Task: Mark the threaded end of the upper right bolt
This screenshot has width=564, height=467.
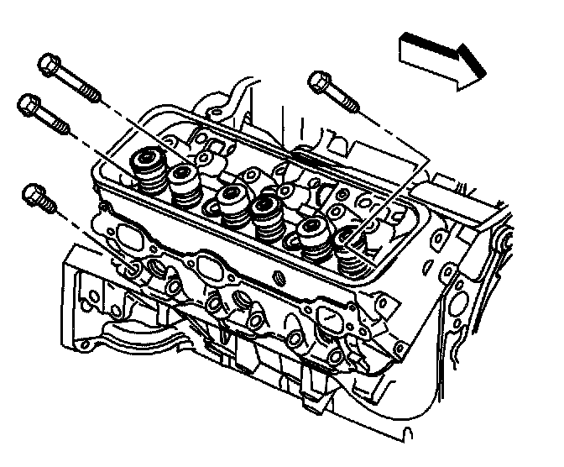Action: click(x=353, y=106)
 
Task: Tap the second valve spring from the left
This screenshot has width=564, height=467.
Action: click(x=185, y=183)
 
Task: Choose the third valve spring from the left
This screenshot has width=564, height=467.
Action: click(x=228, y=204)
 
